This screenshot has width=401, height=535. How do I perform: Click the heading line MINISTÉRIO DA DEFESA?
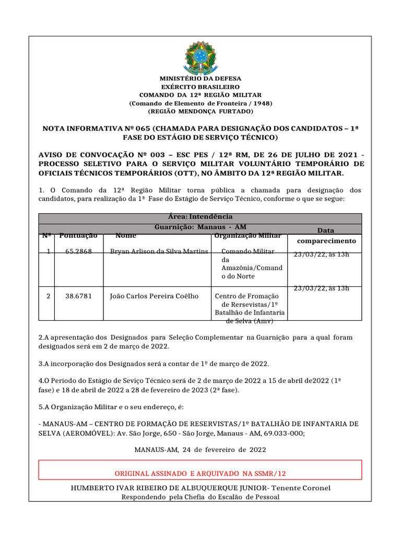tap(200, 78)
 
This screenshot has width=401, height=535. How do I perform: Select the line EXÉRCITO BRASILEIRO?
tap(200, 86)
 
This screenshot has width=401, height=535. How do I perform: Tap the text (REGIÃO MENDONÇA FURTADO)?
tap(200, 111)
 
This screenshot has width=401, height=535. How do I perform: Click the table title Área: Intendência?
tap(200, 217)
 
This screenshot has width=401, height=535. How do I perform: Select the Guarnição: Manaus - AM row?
tap(200, 227)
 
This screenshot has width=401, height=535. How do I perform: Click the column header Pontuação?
tap(78, 236)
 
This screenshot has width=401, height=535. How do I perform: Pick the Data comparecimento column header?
tap(326, 236)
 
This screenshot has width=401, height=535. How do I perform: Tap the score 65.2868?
tap(78, 252)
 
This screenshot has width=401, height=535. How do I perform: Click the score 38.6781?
tap(78, 296)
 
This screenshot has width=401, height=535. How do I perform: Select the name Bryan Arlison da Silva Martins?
tap(159, 252)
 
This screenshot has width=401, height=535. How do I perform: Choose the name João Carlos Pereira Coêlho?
tap(154, 296)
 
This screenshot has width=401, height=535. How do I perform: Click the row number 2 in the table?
tap(49, 296)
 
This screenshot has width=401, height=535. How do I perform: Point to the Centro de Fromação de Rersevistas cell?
tap(250, 305)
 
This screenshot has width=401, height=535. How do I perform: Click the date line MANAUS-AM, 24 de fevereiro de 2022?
tap(200, 450)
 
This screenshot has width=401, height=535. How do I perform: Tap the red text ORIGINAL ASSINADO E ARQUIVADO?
tap(200, 473)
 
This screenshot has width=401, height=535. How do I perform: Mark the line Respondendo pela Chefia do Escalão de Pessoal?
tap(200, 497)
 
